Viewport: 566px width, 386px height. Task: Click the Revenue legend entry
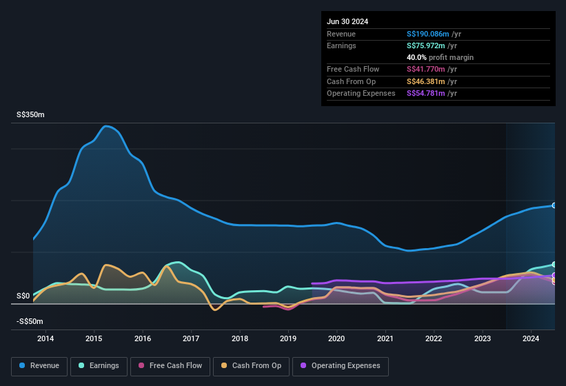tap(39, 365)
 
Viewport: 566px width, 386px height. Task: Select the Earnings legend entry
tap(99, 365)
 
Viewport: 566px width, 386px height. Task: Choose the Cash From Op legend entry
tap(250, 365)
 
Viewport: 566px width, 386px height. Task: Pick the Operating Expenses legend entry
tap(340, 365)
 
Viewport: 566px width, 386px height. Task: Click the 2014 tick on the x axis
tap(46, 338)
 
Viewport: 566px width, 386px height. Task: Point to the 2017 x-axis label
tap(191, 338)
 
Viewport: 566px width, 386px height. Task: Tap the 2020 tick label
tap(336, 338)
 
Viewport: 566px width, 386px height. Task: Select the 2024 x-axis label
tap(531, 338)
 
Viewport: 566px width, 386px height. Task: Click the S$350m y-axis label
tap(30, 115)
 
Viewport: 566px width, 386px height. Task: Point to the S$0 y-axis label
tap(23, 296)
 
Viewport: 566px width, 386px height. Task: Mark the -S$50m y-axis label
tap(30, 321)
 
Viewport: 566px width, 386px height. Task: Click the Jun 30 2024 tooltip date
tap(347, 21)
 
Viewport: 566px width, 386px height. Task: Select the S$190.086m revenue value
tap(428, 34)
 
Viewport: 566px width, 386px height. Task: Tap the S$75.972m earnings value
tap(426, 45)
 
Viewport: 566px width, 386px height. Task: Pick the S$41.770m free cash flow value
tap(426, 70)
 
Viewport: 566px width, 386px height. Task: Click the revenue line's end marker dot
tap(554, 205)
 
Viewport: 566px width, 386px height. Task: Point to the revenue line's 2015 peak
tap(106, 126)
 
